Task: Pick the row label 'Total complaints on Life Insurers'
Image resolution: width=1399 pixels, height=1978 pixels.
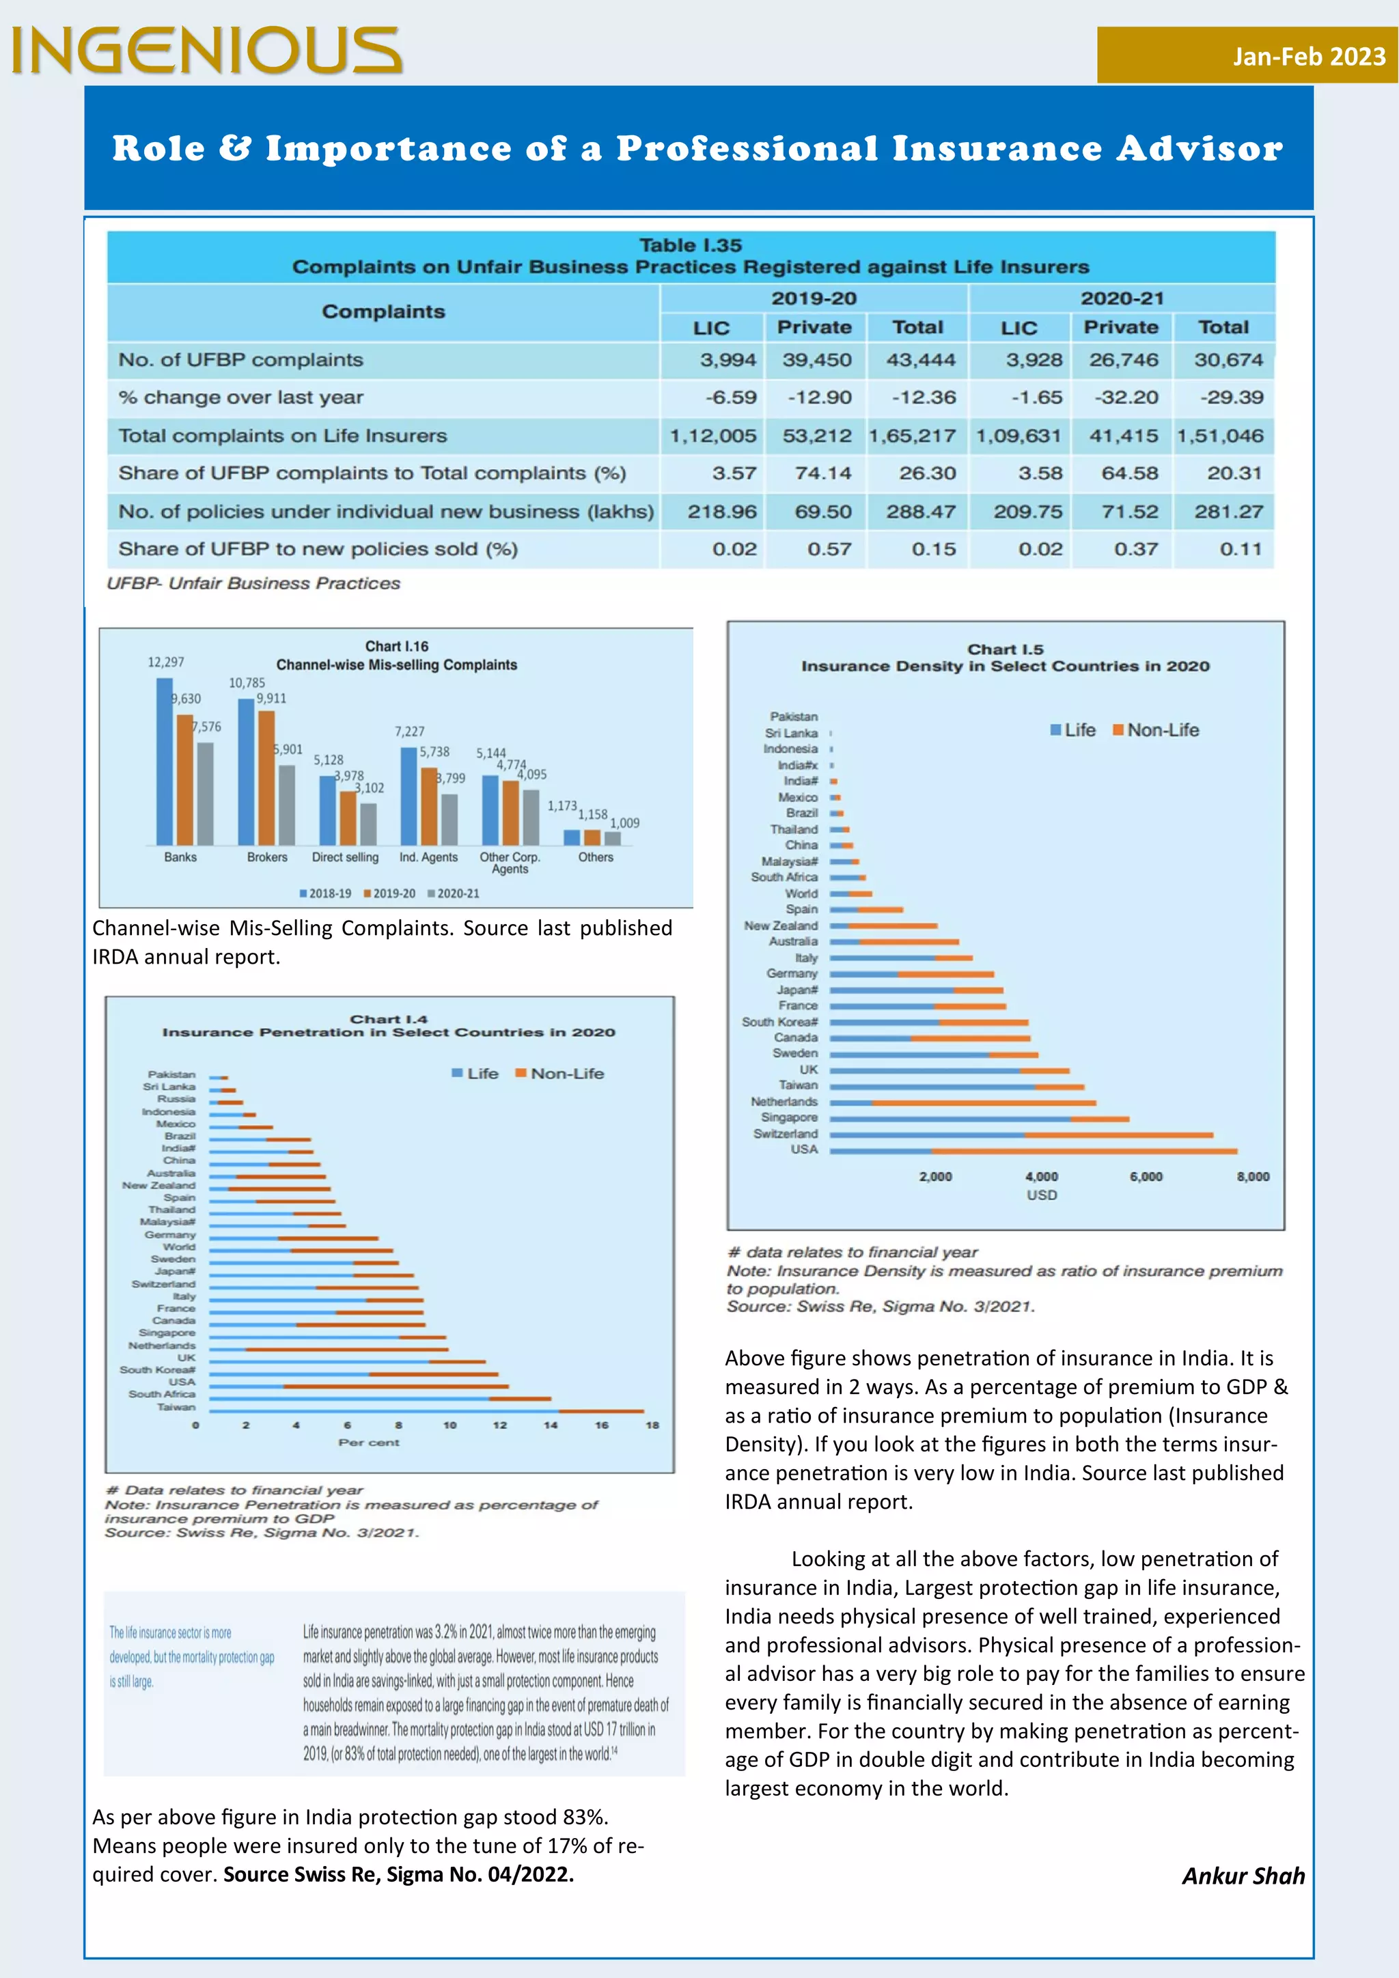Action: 283,436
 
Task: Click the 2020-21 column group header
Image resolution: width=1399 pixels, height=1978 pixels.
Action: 1122,298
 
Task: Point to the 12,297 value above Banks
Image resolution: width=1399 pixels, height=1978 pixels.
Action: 165,663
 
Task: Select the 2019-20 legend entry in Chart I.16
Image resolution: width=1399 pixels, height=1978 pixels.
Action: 389,893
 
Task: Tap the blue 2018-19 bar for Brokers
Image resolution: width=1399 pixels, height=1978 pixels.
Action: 247,771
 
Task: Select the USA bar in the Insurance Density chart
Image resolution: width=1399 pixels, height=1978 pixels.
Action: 1034,1151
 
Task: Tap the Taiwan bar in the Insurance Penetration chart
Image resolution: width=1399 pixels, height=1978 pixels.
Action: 426,1411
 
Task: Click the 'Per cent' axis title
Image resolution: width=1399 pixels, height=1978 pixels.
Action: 369,1442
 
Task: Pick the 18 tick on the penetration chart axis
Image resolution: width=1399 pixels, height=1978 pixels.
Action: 652,1425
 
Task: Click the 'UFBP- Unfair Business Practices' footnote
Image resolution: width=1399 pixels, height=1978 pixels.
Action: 253,583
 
